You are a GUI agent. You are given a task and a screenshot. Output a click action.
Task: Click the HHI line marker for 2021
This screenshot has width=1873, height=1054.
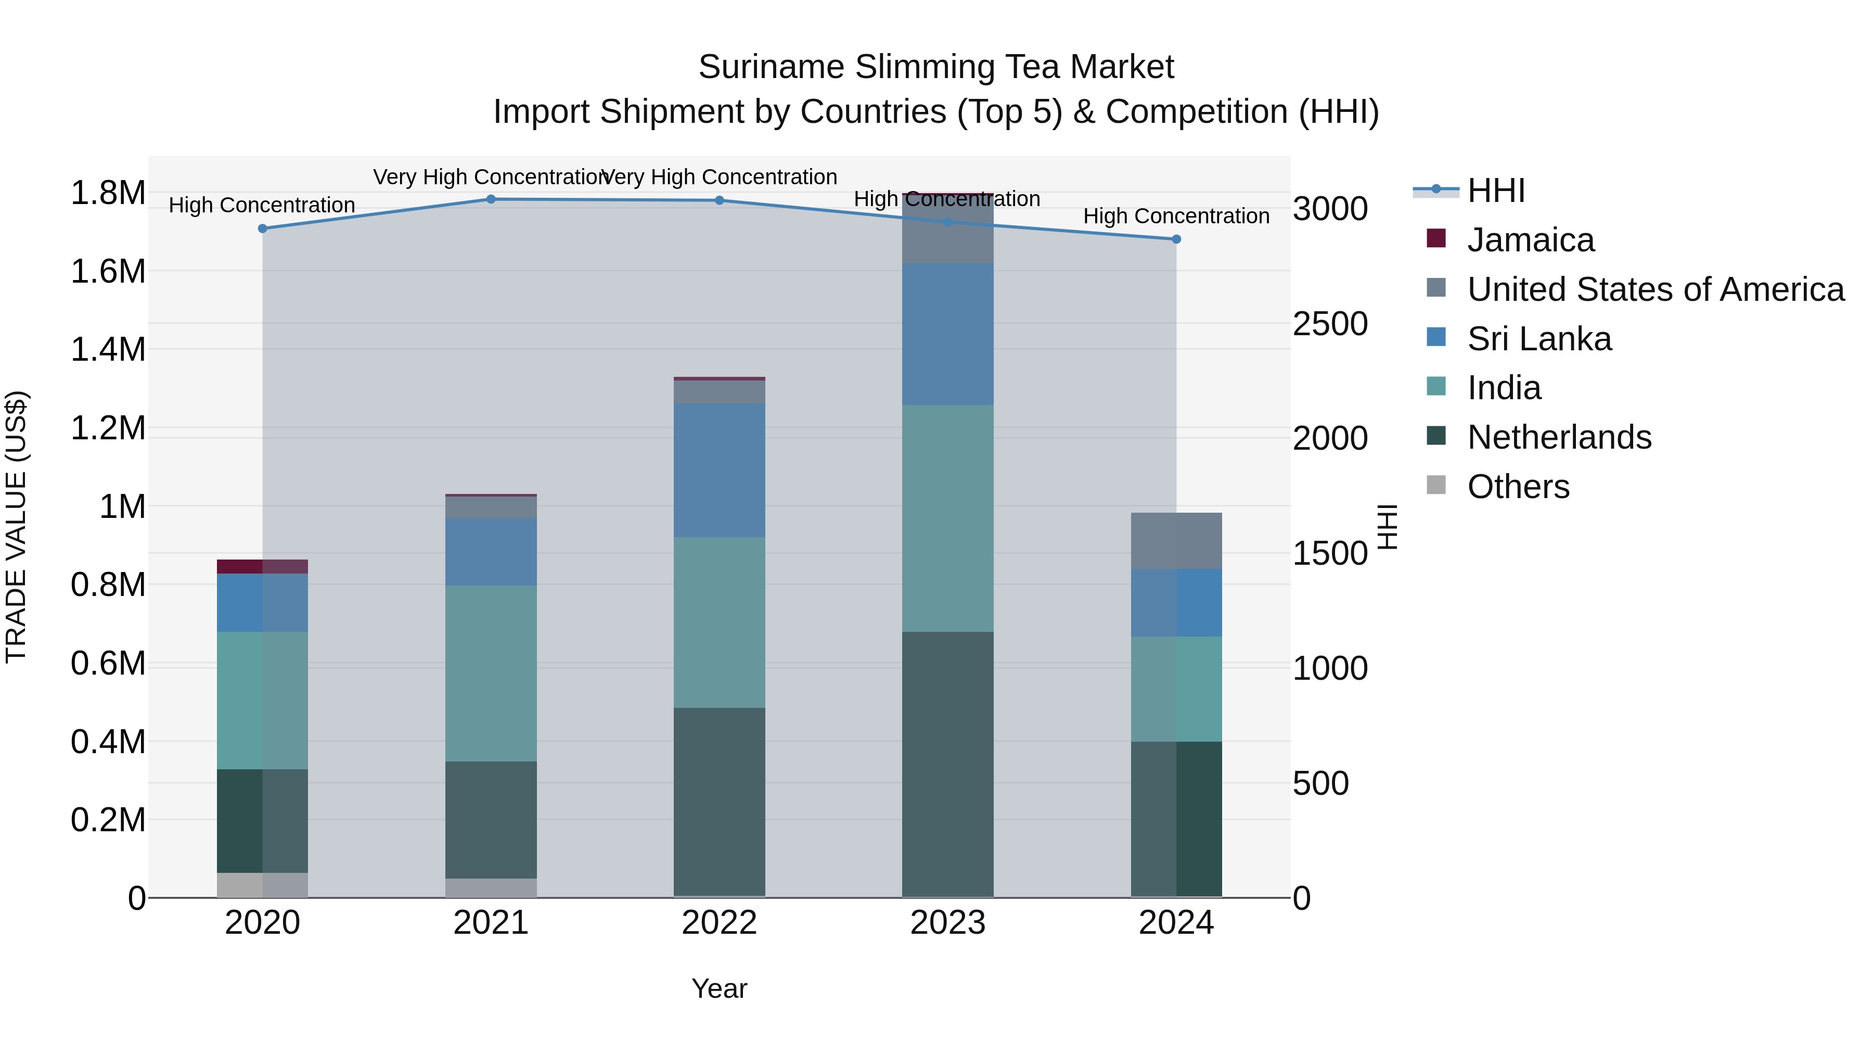(x=491, y=199)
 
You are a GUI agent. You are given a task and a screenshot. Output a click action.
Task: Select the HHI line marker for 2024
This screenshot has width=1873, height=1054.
(x=1176, y=239)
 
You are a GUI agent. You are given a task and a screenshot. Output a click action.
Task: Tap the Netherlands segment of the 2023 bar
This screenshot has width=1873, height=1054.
(x=947, y=764)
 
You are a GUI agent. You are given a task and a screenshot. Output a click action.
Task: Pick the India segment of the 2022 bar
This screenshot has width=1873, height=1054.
(x=719, y=623)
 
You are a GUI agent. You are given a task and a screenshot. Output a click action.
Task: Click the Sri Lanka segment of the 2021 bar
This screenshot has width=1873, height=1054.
(x=491, y=551)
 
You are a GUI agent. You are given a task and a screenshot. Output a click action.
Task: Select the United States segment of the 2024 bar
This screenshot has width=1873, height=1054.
(x=1176, y=541)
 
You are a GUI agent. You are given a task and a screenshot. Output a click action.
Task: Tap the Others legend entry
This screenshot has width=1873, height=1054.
(x=1518, y=487)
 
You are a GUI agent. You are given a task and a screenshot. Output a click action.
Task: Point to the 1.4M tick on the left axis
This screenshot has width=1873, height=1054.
(x=108, y=350)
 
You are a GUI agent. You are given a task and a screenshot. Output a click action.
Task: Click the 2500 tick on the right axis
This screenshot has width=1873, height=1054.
(x=1329, y=324)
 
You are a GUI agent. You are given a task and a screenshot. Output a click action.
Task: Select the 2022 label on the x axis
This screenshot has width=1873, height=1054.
(x=719, y=923)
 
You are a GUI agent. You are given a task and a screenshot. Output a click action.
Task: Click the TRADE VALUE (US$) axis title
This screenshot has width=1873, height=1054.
(x=16, y=527)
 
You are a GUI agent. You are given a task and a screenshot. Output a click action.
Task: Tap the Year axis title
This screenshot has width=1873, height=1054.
(x=719, y=988)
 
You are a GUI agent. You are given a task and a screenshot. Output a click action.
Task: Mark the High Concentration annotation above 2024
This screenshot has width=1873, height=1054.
(x=1176, y=216)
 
